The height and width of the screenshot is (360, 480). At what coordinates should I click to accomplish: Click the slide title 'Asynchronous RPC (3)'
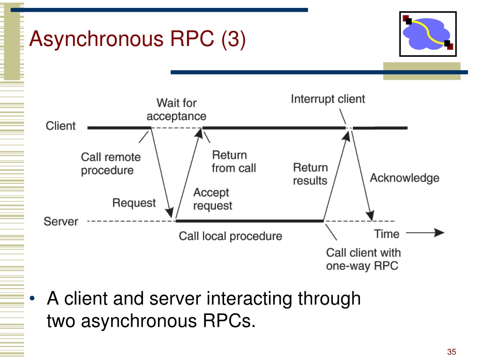[x=137, y=39]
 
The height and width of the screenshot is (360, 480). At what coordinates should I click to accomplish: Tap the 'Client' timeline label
[x=60, y=126]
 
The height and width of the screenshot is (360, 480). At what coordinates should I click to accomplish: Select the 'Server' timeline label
[x=61, y=221]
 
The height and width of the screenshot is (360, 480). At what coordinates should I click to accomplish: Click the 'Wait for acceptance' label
[x=176, y=110]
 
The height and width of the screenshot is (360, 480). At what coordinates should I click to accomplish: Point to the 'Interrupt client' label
[x=328, y=99]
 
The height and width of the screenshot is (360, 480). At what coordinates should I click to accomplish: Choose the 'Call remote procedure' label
[x=111, y=164]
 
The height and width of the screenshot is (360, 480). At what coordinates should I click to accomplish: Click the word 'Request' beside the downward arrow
[x=134, y=203]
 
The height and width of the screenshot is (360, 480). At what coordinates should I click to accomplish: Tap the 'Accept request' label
[x=213, y=199]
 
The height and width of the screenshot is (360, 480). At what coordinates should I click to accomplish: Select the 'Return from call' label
[x=234, y=162]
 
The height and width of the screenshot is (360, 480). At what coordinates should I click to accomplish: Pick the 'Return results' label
[x=310, y=174]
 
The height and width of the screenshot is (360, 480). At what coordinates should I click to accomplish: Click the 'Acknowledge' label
[x=405, y=178]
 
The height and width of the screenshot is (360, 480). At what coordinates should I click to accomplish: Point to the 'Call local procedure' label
[x=231, y=236]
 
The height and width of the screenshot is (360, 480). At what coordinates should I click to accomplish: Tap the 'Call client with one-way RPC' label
[x=363, y=259]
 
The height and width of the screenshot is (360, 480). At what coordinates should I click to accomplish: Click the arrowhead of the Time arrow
[x=439, y=233]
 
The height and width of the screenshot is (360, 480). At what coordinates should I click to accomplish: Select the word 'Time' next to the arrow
[x=387, y=234]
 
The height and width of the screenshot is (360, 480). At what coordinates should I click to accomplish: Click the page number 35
[x=451, y=352]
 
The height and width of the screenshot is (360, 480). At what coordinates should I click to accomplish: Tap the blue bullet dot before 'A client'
[x=32, y=299]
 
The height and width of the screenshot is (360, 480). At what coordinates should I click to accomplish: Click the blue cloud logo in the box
[x=427, y=34]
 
